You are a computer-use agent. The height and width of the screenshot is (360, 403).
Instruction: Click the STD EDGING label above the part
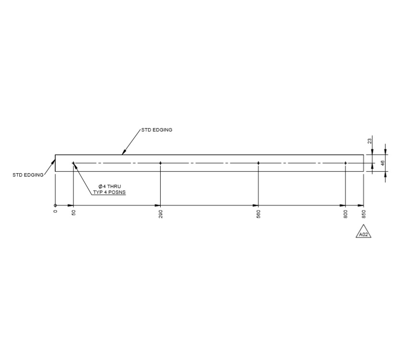156,130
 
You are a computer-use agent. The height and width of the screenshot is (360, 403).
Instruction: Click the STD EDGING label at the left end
28,175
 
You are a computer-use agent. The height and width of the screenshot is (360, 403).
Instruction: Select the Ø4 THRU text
107,186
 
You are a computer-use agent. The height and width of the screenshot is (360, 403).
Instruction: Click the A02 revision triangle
364,233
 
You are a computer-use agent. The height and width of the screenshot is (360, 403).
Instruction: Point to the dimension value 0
55,212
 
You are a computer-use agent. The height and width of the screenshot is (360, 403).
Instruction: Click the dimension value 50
73,213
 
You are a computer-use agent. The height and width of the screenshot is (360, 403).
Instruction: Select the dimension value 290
160,214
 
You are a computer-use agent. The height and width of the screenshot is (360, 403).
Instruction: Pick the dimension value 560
259,214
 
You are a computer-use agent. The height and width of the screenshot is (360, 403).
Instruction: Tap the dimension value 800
345,214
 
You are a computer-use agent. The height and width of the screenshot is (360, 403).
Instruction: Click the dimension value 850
364,214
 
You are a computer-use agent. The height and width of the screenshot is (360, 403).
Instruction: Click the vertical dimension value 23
369,141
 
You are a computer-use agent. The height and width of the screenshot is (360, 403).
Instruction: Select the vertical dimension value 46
382,163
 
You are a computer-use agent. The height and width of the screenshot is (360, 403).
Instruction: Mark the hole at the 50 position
73,163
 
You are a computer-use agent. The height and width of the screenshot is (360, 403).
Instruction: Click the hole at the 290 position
160,163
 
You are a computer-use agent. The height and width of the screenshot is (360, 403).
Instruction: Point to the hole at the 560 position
259,163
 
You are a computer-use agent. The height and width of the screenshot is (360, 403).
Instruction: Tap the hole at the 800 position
345,163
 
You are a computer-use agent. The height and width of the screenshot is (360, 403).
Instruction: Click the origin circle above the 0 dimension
55,205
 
